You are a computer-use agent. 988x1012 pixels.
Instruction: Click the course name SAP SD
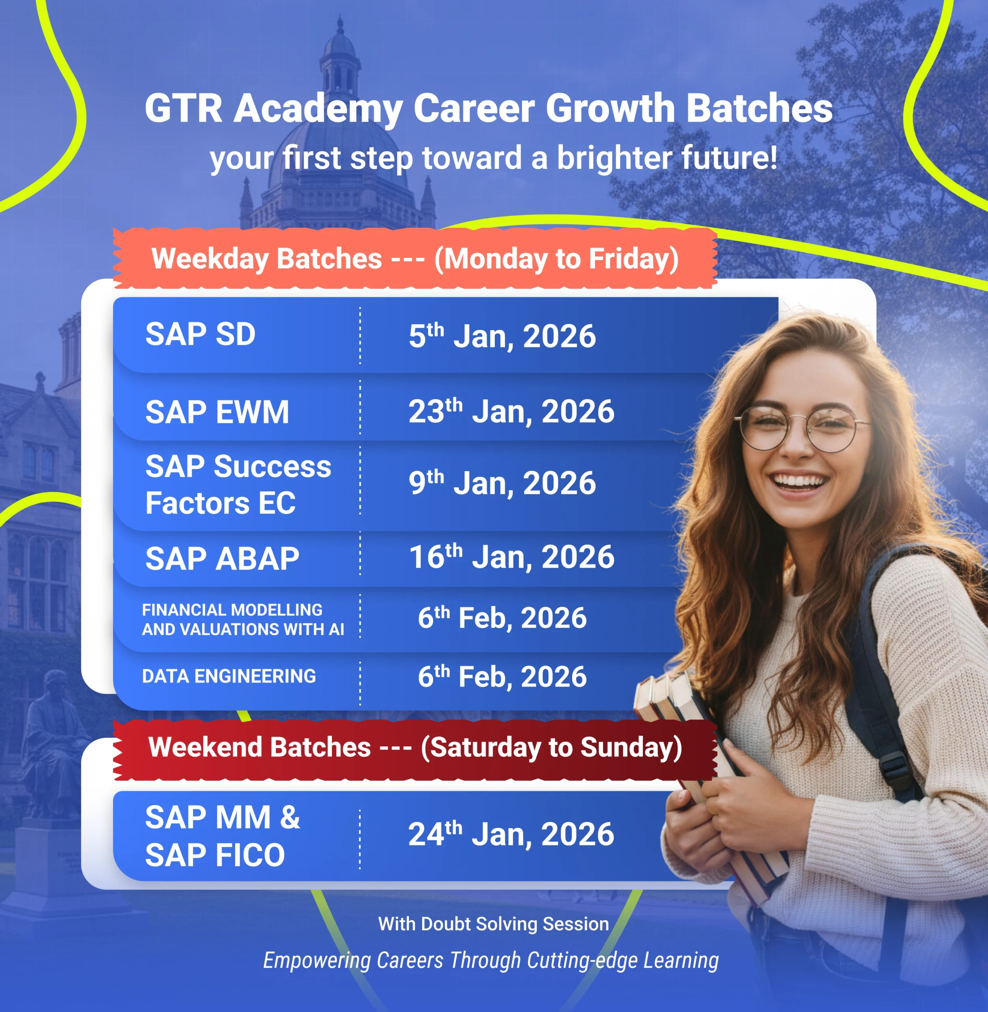point(200,334)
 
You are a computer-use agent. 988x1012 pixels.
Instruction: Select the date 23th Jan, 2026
point(511,411)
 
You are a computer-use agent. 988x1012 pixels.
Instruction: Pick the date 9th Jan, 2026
point(502,483)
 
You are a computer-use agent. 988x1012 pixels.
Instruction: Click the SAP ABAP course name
point(222,559)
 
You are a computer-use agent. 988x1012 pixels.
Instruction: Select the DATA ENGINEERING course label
point(229,676)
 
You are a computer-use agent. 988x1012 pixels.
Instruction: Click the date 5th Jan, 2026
point(502,336)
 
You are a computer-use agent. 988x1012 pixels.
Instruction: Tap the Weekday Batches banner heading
point(415,259)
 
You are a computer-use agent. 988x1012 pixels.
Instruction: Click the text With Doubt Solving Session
point(494,924)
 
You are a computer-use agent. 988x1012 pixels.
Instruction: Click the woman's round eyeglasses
point(802,428)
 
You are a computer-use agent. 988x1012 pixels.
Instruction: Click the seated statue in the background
point(52,737)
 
